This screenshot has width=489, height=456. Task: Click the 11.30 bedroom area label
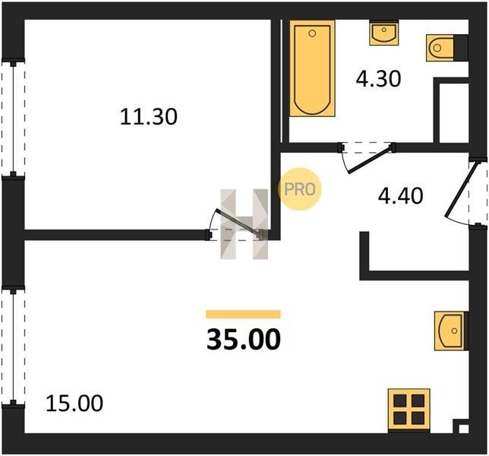click(149, 117)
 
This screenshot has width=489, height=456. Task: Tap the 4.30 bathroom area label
click(378, 78)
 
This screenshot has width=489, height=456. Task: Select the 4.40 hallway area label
click(400, 196)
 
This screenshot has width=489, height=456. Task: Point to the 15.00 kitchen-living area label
click(74, 404)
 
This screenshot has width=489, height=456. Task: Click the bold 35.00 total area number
click(244, 340)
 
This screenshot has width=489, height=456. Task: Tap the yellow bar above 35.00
click(243, 315)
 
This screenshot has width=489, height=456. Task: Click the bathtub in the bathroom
click(312, 68)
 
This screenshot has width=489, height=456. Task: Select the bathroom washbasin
click(384, 33)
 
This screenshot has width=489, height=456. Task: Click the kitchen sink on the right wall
click(451, 331)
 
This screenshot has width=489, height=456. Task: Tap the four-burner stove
click(409, 410)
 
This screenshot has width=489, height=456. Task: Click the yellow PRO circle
click(299, 189)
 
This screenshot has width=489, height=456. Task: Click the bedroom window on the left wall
click(13, 118)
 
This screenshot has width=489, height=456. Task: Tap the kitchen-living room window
click(13, 346)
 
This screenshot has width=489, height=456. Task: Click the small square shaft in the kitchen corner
click(462, 426)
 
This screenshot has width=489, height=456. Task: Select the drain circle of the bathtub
click(312, 33)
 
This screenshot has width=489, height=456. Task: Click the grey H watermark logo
click(244, 224)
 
